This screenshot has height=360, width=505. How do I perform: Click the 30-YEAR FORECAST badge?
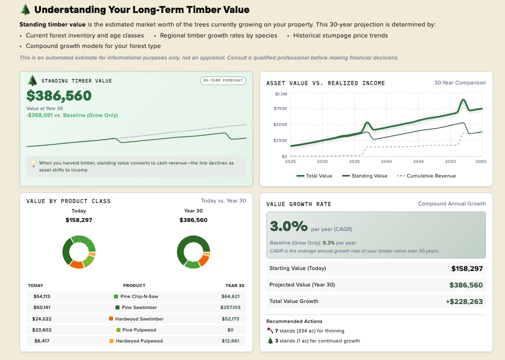223,80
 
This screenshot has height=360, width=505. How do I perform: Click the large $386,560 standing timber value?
59,96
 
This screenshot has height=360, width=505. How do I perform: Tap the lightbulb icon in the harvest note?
33,163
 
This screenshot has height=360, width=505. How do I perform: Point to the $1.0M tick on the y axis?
281,94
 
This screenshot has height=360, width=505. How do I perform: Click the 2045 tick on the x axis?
418,161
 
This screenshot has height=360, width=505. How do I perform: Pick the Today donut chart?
79,251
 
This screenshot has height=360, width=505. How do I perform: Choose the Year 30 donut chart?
193,251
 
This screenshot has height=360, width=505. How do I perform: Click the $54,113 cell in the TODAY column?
42,296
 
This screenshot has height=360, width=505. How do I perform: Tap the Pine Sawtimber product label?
139,307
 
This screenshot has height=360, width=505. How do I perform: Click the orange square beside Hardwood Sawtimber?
111,318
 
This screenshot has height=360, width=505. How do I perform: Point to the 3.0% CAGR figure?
288,226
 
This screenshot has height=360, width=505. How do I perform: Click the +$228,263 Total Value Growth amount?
464,301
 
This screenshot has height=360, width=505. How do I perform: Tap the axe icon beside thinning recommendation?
270,330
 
